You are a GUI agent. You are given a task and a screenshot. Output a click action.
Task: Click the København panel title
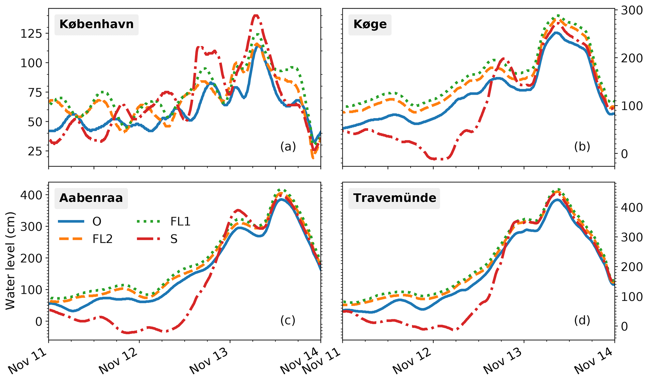pyautogui.click(x=96, y=24)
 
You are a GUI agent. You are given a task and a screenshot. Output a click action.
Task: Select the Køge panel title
pyautogui.click(x=370, y=24)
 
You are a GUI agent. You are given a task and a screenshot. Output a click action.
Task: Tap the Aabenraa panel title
pyautogui.click(x=91, y=198)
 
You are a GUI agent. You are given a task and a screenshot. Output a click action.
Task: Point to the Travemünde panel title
pyautogui.click(x=394, y=198)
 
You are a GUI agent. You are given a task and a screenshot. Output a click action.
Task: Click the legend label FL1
pyautogui.click(x=180, y=222)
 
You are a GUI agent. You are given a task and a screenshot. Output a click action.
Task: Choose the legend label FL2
pyautogui.click(x=102, y=239)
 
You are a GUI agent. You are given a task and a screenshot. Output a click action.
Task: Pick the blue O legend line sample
pyautogui.click(x=71, y=222)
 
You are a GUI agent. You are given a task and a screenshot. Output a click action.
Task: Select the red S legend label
pyautogui.click(x=174, y=239)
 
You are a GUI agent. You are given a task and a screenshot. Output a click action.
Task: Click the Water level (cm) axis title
pyautogui.click(x=10, y=261)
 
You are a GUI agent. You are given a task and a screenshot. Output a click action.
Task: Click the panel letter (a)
pyautogui.click(x=288, y=147)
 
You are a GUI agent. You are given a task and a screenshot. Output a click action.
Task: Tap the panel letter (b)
pyautogui.click(x=582, y=147)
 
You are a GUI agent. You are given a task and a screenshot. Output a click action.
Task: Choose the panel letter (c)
pyautogui.click(x=288, y=320)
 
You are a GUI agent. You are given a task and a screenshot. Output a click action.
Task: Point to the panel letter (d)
pyautogui.click(x=582, y=320)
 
